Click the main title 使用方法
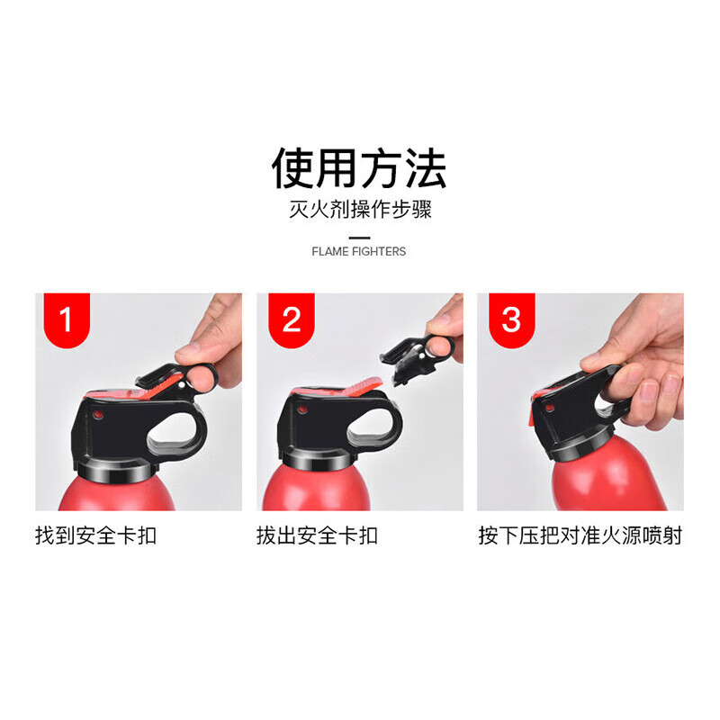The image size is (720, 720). (359, 168)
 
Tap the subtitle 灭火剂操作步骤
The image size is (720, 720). (359, 211)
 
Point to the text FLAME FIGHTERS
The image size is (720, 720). (359, 251)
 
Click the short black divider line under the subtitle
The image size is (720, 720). (359, 236)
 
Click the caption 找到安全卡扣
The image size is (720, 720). (96, 536)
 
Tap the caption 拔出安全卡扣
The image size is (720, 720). (317, 536)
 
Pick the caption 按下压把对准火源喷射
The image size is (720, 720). (580, 536)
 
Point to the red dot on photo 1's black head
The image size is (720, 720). (98, 417)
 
